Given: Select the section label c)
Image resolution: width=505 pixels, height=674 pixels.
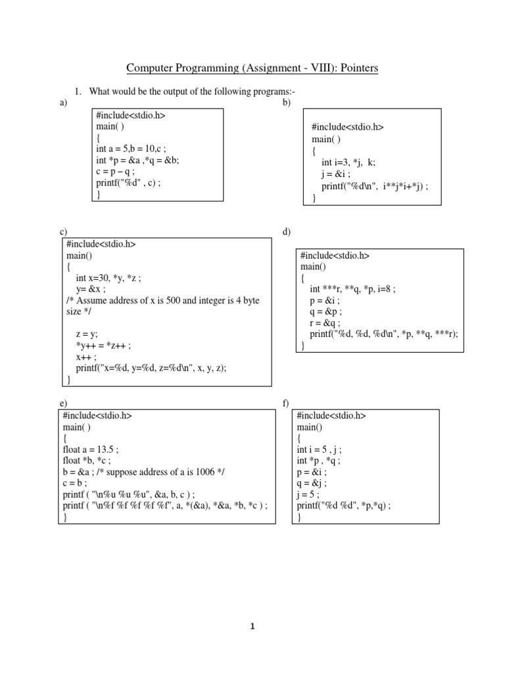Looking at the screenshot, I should [x=63, y=232].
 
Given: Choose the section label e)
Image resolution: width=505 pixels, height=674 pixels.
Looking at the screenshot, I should [x=63, y=403].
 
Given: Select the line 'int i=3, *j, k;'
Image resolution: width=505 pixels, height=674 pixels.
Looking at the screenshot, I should [x=349, y=163].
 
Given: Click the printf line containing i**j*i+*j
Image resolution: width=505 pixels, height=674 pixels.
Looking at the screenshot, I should [x=374, y=186].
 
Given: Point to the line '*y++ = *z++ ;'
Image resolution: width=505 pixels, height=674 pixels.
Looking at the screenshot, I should [x=104, y=345].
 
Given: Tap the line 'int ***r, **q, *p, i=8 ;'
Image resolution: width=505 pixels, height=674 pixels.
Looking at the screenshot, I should [x=352, y=288].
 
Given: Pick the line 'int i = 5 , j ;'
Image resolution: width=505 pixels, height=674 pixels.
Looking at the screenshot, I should [x=319, y=450].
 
